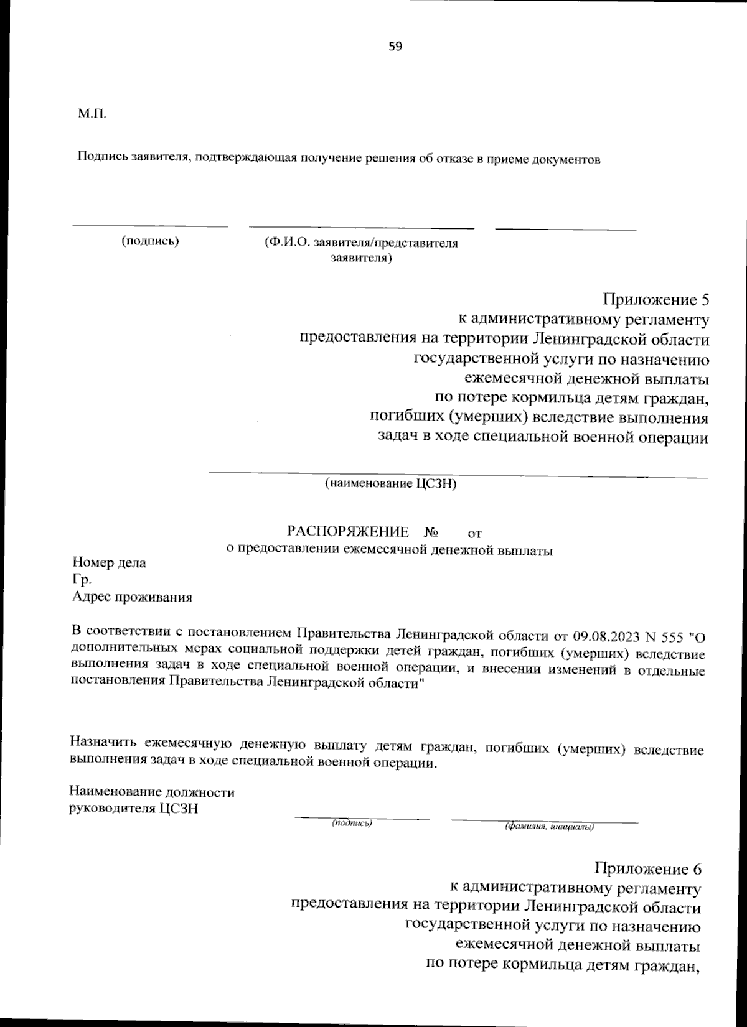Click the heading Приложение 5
pos(655,300)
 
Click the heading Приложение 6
pos(647,868)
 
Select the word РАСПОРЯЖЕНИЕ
pos(348,532)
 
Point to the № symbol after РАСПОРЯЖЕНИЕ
pos(431,532)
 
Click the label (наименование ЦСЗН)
pos(390,483)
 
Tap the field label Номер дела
pos(109,562)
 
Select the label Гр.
pos(82,580)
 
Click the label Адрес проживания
pos(132,597)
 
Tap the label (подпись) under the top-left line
pos(149,241)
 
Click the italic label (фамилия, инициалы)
pos(550,827)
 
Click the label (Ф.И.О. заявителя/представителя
pos(361,243)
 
